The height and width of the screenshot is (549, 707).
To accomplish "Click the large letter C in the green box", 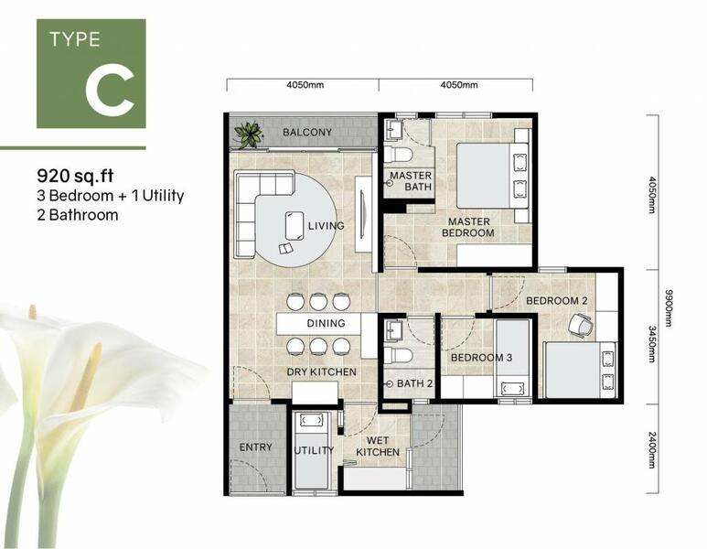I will (110, 89).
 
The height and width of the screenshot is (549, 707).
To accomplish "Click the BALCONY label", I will (306, 133).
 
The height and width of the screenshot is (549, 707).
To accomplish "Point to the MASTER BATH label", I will (410, 182).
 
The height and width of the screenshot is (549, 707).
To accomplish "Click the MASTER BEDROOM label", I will (468, 227).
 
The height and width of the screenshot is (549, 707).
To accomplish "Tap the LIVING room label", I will (326, 226).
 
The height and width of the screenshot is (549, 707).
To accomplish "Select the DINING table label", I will (326, 323).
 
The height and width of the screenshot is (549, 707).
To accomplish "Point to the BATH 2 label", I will (414, 383).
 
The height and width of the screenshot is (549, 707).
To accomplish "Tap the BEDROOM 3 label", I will (481, 358).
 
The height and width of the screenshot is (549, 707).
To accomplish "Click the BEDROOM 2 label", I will (556, 301).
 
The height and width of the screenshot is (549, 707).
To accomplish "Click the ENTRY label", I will (255, 447).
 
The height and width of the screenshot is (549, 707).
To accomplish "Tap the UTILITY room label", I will (314, 451).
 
